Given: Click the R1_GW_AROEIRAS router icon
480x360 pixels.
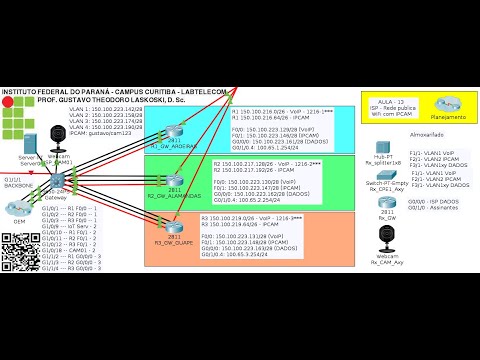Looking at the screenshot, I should coord(176,135).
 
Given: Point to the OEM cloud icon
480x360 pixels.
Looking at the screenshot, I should coord(19,211).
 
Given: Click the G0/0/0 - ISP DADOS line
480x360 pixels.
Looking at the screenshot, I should coord(434,200).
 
